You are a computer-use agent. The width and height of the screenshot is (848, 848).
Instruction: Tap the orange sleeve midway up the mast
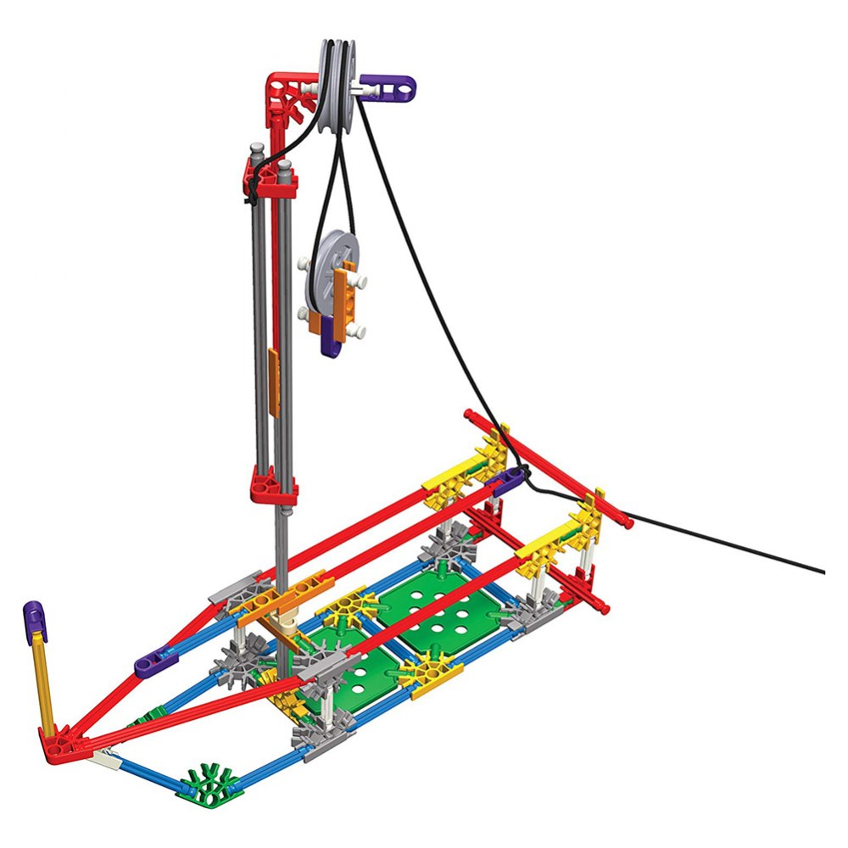tap(273, 382)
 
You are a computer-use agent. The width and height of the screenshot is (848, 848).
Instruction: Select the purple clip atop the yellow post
tap(35, 622)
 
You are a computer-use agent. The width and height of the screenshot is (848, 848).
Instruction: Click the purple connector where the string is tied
tap(508, 482)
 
